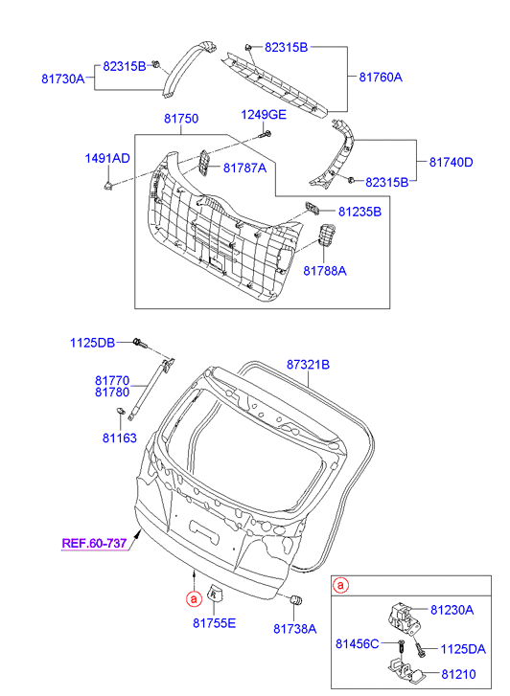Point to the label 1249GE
[263, 114]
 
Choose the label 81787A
[244, 167]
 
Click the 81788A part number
[324, 271]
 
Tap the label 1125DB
[92, 343]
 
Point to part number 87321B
[308, 365]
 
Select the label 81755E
[214, 623]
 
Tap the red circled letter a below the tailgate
[193, 598]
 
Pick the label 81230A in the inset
[452, 609]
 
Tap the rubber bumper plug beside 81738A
[296, 600]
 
